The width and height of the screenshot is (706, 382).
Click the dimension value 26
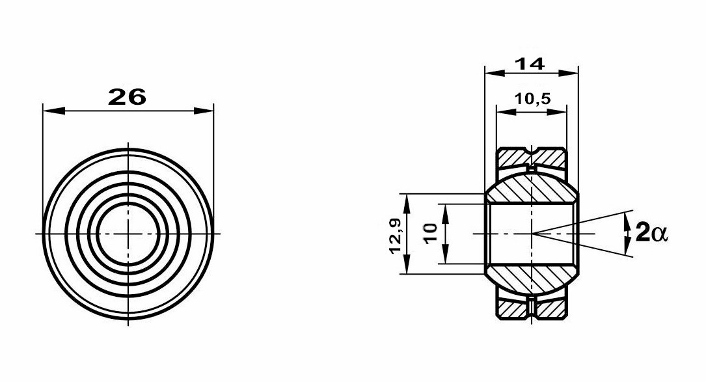[x=128, y=96]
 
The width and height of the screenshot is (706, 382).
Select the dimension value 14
[x=530, y=64]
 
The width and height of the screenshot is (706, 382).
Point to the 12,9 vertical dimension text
[x=397, y=234]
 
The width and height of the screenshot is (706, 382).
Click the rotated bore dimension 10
[x=431, y=234]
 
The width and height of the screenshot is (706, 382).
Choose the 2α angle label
[x=651, y=234]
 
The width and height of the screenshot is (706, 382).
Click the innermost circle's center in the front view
[x=128, y=234]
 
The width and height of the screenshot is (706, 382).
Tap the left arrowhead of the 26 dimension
[x=54, y=111]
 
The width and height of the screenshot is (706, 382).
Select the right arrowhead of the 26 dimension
[x=203, y=111]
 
